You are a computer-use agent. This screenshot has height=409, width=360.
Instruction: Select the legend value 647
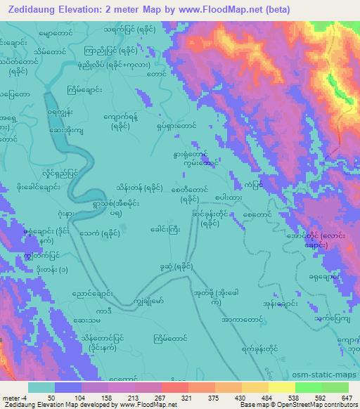point(347,397)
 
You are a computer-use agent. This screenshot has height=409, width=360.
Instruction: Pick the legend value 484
point(265,397)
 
